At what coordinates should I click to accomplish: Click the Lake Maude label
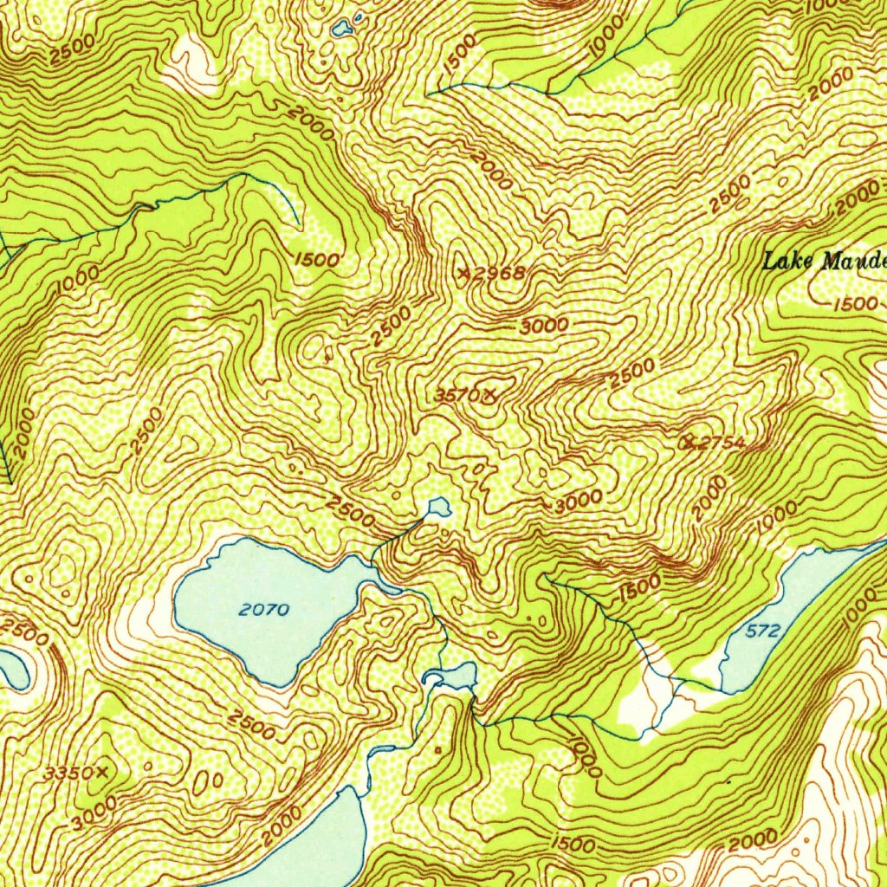(x=824, y=259)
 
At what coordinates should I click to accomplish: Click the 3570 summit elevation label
(x=456, y=395)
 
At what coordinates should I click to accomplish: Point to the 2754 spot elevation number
(x=722, y=443)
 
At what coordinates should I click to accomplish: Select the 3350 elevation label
(x=69, y=772)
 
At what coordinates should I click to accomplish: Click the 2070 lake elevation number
(x=263, y=609)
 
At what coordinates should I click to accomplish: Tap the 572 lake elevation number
(x=763, y=631)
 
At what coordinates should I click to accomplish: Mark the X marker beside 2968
(x=467, y=273)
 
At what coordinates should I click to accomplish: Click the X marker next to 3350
(x=105, y=771)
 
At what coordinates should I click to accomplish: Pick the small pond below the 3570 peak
(x=438, y=506)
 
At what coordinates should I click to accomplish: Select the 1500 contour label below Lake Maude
(x=857, y=304)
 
